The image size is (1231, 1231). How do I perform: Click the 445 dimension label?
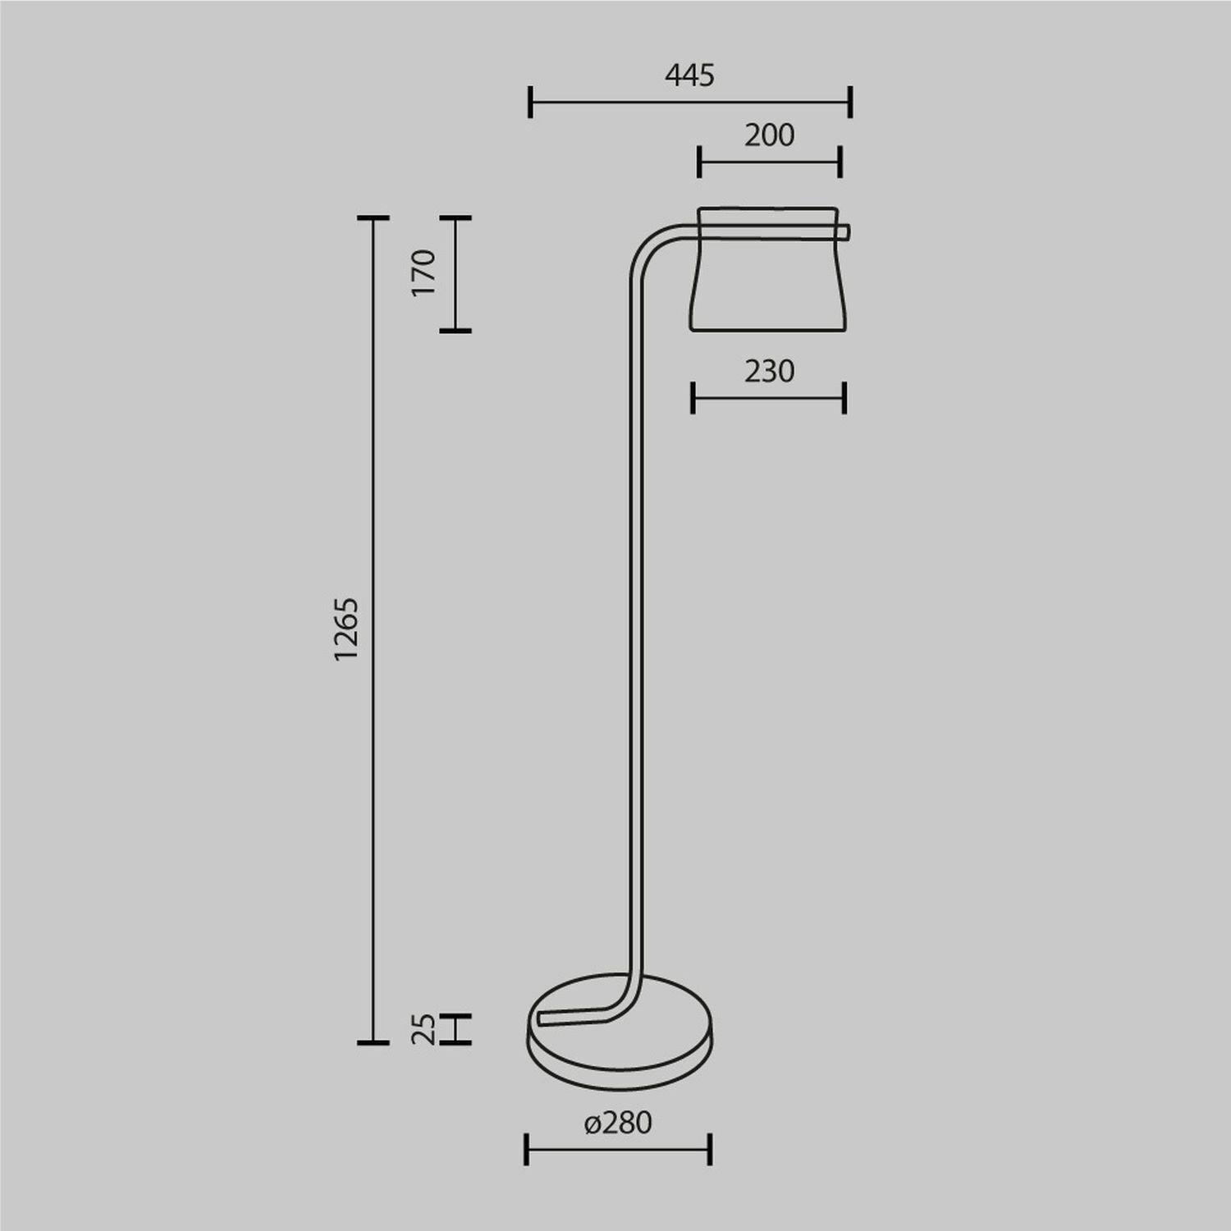coord(689,76)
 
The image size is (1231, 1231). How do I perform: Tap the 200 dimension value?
coord(769,135)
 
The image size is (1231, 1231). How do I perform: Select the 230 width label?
coord(769,372)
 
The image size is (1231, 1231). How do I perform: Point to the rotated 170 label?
coord(423,273)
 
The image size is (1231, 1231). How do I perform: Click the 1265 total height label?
coord(347,629)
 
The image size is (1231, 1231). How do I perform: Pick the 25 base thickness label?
coord(423,1028)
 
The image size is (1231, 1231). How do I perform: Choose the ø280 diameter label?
coord(618,1123)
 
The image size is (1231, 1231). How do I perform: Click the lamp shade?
coord(768,279)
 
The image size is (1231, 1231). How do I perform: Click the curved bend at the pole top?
coord(648,250)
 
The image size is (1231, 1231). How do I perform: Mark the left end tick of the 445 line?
coord(530,103)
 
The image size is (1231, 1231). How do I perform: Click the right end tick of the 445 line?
coord(850,103)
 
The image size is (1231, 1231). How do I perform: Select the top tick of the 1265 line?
coord(373,218)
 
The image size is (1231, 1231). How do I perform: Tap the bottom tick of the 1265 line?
coord(373,1042)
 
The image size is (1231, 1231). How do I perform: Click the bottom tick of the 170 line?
coord(455,331)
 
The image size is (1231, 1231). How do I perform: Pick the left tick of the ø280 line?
coord(526,1149)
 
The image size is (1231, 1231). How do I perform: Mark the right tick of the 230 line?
coord(844,399)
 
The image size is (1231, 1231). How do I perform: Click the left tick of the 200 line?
coord(698,162)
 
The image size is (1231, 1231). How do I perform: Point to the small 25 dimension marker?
coord(455,1029)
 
